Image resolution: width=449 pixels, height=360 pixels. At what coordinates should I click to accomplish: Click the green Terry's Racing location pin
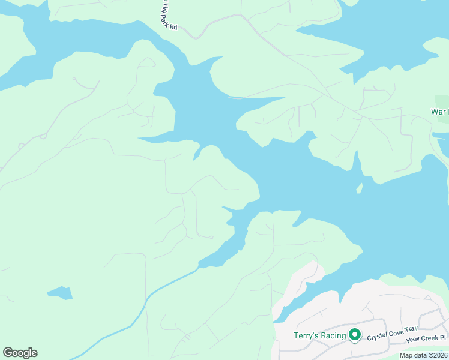[x=354, y=335]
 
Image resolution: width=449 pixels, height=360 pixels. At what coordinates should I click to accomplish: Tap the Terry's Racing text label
[x=319, y=335]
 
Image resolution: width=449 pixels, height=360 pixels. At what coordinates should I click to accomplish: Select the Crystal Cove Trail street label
[x=391, y=338]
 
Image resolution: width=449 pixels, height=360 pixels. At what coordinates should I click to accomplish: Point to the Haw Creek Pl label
[x=427, y=340]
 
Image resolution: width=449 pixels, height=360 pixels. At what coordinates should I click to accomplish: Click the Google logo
[x=20, y=353]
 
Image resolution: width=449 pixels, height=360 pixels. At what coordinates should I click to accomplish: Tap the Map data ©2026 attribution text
[x=423, y=355]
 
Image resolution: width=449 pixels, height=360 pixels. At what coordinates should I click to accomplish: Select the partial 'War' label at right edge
[x=439, y=112]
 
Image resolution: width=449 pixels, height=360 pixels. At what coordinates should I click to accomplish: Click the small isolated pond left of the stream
[x=60, y=293]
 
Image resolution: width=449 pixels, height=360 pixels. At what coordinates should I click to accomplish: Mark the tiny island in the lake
[x=360, y=189]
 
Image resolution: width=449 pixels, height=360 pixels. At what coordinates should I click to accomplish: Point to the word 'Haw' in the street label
[x=412, y=340]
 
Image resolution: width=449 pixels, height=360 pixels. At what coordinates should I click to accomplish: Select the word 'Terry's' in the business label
[x=304, y=335]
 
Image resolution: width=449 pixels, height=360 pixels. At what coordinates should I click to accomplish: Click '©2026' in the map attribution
[x=436, y=355]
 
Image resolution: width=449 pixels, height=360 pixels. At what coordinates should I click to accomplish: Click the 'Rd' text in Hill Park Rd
[x=174, y=26]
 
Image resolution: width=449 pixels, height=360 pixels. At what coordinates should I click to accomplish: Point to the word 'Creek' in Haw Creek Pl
[x=429, y=340]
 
